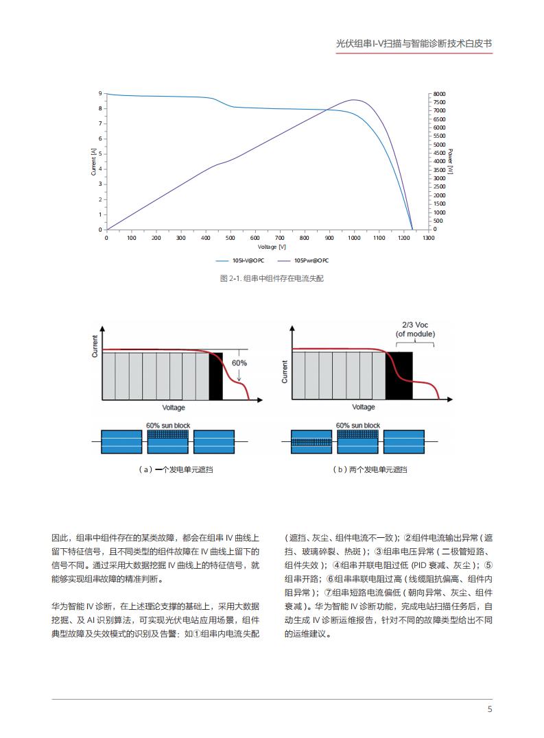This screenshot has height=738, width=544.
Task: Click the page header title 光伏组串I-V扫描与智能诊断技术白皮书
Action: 414,42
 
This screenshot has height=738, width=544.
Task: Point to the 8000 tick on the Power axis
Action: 439,94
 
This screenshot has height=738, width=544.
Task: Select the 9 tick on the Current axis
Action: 99,93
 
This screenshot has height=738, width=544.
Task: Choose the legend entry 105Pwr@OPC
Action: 311,260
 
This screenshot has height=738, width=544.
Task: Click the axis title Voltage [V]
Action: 272,247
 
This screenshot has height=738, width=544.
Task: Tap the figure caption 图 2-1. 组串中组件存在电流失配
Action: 272,279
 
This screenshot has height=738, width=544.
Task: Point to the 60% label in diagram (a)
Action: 239,362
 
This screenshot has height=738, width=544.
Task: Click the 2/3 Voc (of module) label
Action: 415,330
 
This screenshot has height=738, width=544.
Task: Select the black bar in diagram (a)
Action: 215,376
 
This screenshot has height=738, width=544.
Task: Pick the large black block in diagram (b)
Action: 399,376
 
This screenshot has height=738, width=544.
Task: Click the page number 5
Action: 490,709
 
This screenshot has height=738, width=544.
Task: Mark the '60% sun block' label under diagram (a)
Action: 168,426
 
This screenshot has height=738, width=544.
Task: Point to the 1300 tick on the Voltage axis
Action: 428,238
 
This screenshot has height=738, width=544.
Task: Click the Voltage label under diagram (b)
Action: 364,407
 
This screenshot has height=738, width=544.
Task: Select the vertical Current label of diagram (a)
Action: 95,346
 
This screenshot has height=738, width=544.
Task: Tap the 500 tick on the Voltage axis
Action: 230,238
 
